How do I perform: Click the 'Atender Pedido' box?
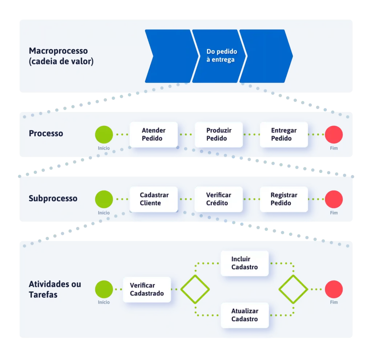coord(154,134)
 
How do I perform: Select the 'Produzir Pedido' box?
coord(219,134)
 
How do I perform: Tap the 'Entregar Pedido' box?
coord(284,134)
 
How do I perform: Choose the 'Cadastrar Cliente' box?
coord(154,199)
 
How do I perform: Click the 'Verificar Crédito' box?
coord(219,199)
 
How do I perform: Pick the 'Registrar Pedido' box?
coord(284,199)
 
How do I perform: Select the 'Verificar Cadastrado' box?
coord(147,289)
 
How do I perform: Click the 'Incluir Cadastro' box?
coord(244,263)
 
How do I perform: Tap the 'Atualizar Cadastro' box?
coord(244,315)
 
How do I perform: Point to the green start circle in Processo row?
coord(104,134)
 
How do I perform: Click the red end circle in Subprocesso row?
coord(334,199)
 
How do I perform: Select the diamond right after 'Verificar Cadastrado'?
coord(195,289)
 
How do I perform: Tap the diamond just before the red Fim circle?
coord(293,289)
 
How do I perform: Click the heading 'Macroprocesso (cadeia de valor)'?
coord(61,56)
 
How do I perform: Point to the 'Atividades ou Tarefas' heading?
coord(55,289)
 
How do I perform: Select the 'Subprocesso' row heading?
coord(53,199)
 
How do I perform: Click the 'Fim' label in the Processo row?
coord(334,148)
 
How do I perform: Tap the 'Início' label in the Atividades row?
coord(104,302)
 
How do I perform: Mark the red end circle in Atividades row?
coord(334,290)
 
